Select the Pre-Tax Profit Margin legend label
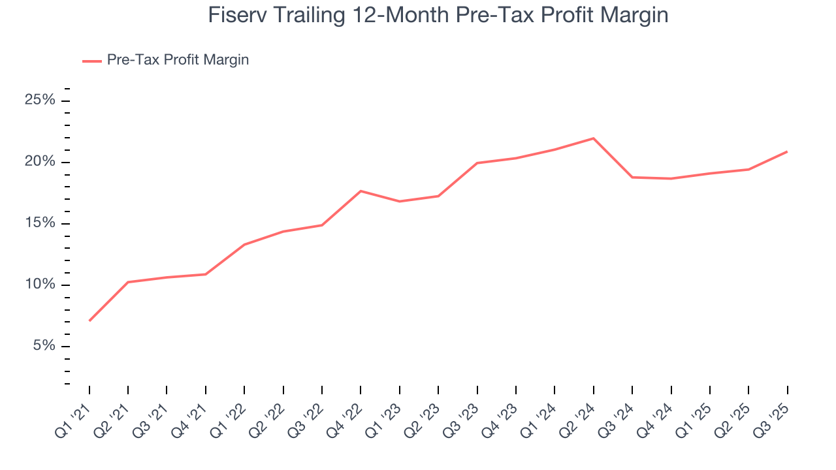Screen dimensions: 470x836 coord(178,60)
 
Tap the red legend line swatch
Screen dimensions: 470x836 coord(91,61)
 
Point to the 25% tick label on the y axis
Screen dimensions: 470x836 coord(40,101)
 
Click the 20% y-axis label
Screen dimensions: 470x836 coord(40,162)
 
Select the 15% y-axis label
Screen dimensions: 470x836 coord(40,223)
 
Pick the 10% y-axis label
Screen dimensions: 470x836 coord(40,285)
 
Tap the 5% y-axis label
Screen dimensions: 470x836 coord(43,346)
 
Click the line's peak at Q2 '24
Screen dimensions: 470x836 coord(593,138)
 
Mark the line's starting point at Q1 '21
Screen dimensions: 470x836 coord(89,321)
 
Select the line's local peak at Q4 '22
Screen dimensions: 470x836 coord(361,191)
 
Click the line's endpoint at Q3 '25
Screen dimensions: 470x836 coord(786,151)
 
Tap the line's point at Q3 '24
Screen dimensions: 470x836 coord(632,177)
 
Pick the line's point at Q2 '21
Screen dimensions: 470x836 coord(128,282)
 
